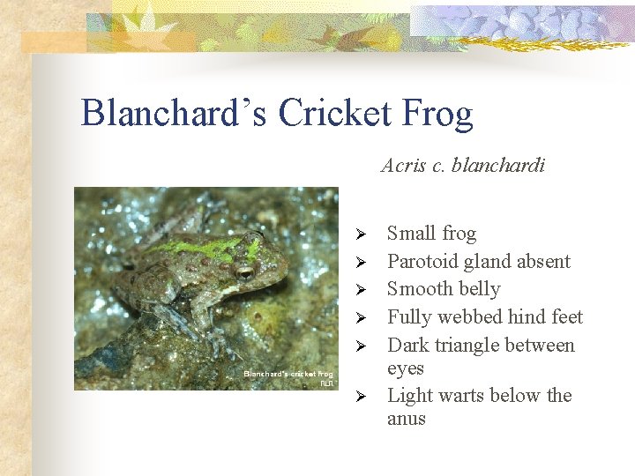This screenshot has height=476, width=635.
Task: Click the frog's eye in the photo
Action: (244, 271)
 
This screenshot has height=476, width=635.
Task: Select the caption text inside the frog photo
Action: (288, 377)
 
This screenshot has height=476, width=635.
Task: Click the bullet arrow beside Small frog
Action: (359, 234)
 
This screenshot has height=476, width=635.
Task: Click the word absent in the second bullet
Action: (543, 261)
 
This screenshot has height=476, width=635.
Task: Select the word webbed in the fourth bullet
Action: (475, 316)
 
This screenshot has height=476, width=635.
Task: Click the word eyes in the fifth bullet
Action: (406, 368)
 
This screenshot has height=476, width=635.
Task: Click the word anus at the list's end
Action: (407, 419)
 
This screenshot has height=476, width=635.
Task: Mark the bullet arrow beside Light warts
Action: (359, 397)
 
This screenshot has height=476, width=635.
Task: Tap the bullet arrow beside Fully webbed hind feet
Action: (359, 318)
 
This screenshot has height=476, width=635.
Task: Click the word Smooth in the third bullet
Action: (418, 289)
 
